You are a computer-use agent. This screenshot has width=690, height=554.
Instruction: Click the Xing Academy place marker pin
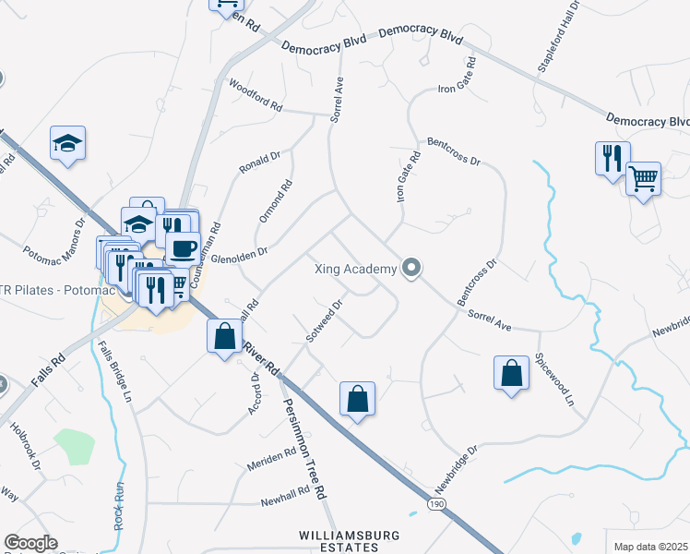click(x=412, y=269)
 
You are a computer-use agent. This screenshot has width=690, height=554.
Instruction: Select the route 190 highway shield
click(x=436, y=502)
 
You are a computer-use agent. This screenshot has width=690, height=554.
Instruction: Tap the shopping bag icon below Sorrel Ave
click(x=511, y=373)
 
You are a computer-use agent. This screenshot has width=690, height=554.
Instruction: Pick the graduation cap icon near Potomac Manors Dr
click(x=67, y=142)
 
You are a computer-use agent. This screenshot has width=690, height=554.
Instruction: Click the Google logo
click(x=30, y=543)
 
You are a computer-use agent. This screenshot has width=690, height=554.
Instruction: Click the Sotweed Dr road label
click(x=325, y=319)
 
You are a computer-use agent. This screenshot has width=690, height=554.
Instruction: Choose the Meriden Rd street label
click(x=270, y=458)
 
